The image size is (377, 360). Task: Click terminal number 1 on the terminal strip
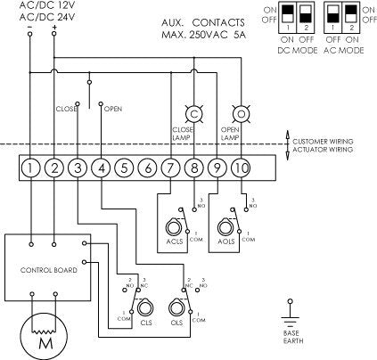[32, 166]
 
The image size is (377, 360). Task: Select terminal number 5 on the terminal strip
[125, 166]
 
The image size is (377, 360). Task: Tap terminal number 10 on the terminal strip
[241, 166]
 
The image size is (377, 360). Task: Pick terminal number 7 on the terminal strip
[171, 166]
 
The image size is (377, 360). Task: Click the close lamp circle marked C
[193, 115]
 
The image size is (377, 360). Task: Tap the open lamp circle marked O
[240, 115]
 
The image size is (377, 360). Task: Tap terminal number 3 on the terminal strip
[78, 166]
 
